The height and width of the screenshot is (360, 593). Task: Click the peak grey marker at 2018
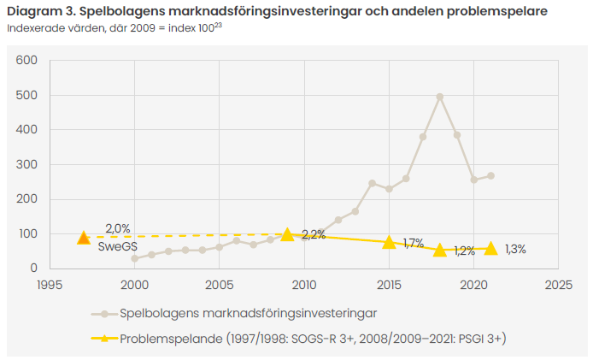(x=440, y=97)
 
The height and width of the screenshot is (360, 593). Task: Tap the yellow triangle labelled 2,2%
(x=288, y=234)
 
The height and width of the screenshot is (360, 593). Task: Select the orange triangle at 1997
(x=84, y=238)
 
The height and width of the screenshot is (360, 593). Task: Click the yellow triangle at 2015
(x=390, y=242)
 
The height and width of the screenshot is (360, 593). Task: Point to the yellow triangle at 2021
(x=490, y=248)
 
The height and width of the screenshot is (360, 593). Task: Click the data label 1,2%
(x=464, y=251)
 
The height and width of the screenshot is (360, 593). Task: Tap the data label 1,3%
(x=515, y=250)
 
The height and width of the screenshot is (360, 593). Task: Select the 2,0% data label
(x=117, y=229)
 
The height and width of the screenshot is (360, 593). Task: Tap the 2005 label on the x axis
(x=220, y=283)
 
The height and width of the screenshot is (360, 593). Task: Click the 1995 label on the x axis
(x=50, y=283)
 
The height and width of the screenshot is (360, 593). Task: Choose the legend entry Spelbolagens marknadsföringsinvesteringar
(x=248, y=313)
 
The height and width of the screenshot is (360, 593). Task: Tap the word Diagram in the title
(x=34, y=11)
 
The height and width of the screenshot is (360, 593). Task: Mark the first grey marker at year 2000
(x=135, y=258)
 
